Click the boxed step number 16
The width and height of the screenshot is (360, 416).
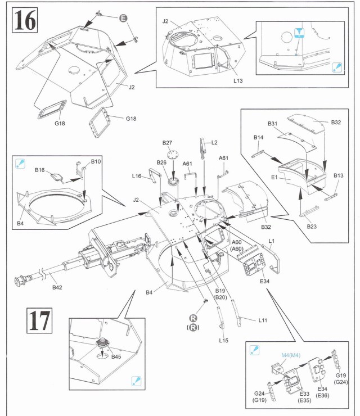point(25,20)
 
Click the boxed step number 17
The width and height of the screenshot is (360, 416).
point(39,320)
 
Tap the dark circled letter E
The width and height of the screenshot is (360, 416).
point(123,18)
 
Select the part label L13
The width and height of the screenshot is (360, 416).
point(238,80)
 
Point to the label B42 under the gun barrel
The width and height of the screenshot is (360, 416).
point(57,287)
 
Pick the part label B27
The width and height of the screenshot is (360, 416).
point(167,143)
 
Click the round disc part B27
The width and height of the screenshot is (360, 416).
point(173,153)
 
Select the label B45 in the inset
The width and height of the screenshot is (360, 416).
point(116,357)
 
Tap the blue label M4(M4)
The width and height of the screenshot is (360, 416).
point(291,355)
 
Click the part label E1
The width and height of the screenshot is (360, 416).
point(274,177)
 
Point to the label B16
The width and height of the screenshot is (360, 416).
point(40,170)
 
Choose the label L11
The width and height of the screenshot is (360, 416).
point(263,320)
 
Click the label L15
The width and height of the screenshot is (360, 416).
point(223,340)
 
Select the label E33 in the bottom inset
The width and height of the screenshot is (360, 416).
point(304,394)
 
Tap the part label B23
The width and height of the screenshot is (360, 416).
point(312,227)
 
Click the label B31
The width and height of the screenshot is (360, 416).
point(272,123)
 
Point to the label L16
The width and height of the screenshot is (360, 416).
point(137,176)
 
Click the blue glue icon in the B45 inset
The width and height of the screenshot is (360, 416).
point(136,381)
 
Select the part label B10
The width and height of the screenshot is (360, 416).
point(96,161)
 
